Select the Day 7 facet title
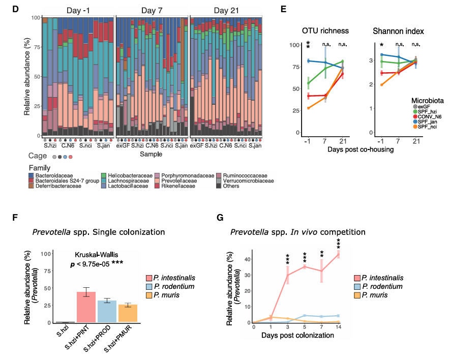click(x=152, y=10)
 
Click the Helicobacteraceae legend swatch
click(x=103, y=175)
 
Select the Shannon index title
click(x=397, y=31)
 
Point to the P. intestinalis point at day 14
click(x=338, y=254)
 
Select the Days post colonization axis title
click(x=297, y=336)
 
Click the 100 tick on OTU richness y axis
click(x=293, y=45)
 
